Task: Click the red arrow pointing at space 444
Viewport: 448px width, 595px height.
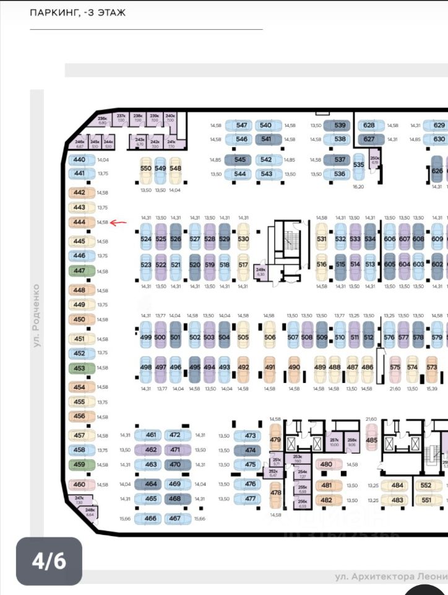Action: (119, 222)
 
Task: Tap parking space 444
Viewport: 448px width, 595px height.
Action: (79, 222)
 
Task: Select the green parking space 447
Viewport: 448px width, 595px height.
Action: (79, 271)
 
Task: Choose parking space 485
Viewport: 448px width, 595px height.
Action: (371, 441)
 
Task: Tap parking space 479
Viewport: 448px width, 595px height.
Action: (275, 441)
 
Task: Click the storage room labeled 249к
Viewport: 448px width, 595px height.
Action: (261, 271)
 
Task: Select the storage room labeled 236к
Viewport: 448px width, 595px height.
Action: (103, 119)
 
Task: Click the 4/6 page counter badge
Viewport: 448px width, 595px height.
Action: (49, 561)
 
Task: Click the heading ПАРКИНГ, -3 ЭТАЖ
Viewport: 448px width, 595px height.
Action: (78, 12)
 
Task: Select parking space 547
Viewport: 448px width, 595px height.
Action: (242, 125)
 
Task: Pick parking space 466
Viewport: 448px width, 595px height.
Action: (150, 519)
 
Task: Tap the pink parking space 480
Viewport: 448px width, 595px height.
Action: (326, 464)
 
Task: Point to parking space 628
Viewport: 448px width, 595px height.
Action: (369, 125)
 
